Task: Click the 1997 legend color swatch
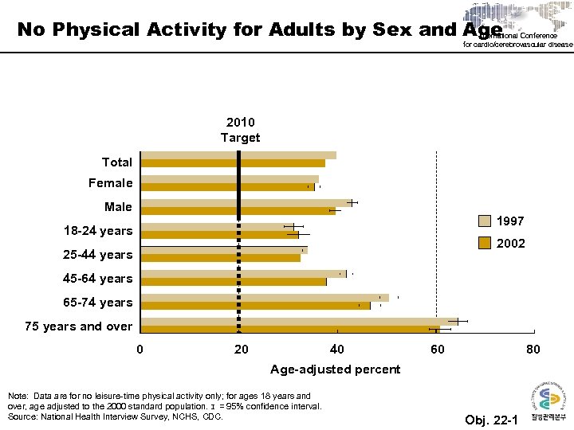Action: tap(485, 221)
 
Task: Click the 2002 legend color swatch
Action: tap(485, 243)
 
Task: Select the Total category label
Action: tap(117, 162)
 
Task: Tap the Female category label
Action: tap(111, 183)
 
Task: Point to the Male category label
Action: tap(118, 207)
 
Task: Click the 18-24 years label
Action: tap(98, 231)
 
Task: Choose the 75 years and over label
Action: tap(79, 326)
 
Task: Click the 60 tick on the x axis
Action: tap(436, 350)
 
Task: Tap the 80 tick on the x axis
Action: tap(533, 350)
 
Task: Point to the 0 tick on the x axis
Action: tap(140, 350)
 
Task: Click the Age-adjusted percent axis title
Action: tap(335, 369)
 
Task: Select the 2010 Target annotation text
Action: tap(240, 130)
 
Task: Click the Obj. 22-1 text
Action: tap(490, 420)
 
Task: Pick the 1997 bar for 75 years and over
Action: tap(295, 322)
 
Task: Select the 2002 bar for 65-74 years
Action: tap(255, 306)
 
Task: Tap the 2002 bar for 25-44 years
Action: tap(221, 258)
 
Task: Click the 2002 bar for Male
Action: tap(237, 211)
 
